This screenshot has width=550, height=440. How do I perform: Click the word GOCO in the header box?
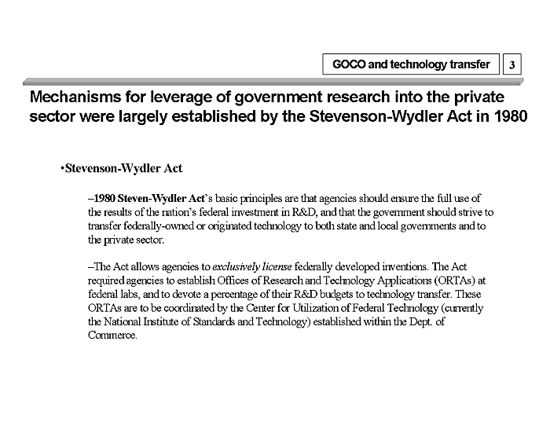[348, 64]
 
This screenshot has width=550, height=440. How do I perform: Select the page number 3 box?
[512, 65]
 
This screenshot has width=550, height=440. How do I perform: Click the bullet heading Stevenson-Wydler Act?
[124, 169]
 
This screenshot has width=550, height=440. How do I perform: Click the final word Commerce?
[113, 335]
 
